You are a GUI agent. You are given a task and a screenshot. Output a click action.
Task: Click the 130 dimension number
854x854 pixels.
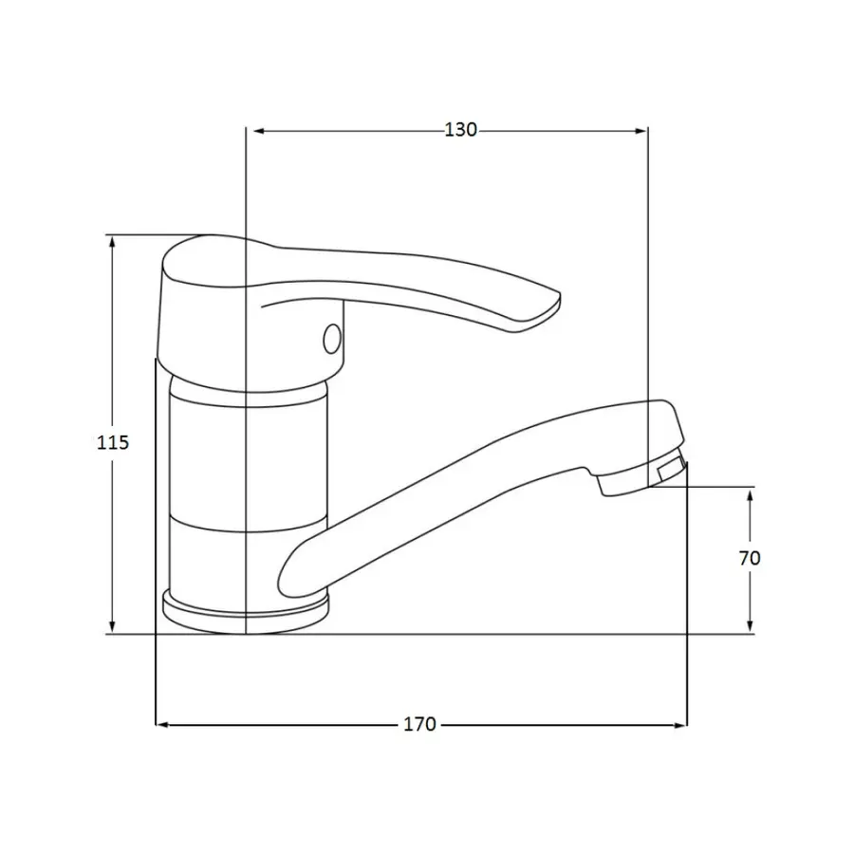click(x=461, y=130)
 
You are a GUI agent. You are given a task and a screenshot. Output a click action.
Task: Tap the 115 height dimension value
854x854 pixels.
click(x=113, y=442)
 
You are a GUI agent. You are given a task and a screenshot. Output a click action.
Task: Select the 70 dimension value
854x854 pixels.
click(x=750, y=558)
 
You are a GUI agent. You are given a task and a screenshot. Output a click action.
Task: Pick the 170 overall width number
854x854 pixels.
click(x=419, y=724)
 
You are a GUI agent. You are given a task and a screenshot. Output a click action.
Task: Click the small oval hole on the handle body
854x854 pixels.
click(x=332, y=339)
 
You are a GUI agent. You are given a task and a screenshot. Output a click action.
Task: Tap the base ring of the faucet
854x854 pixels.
click(x=246, y=612)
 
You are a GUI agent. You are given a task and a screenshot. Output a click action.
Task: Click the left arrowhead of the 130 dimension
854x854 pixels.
click(x=259, y=131)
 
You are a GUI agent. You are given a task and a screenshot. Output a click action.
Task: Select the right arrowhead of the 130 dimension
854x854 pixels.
click(x=640, y=131)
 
